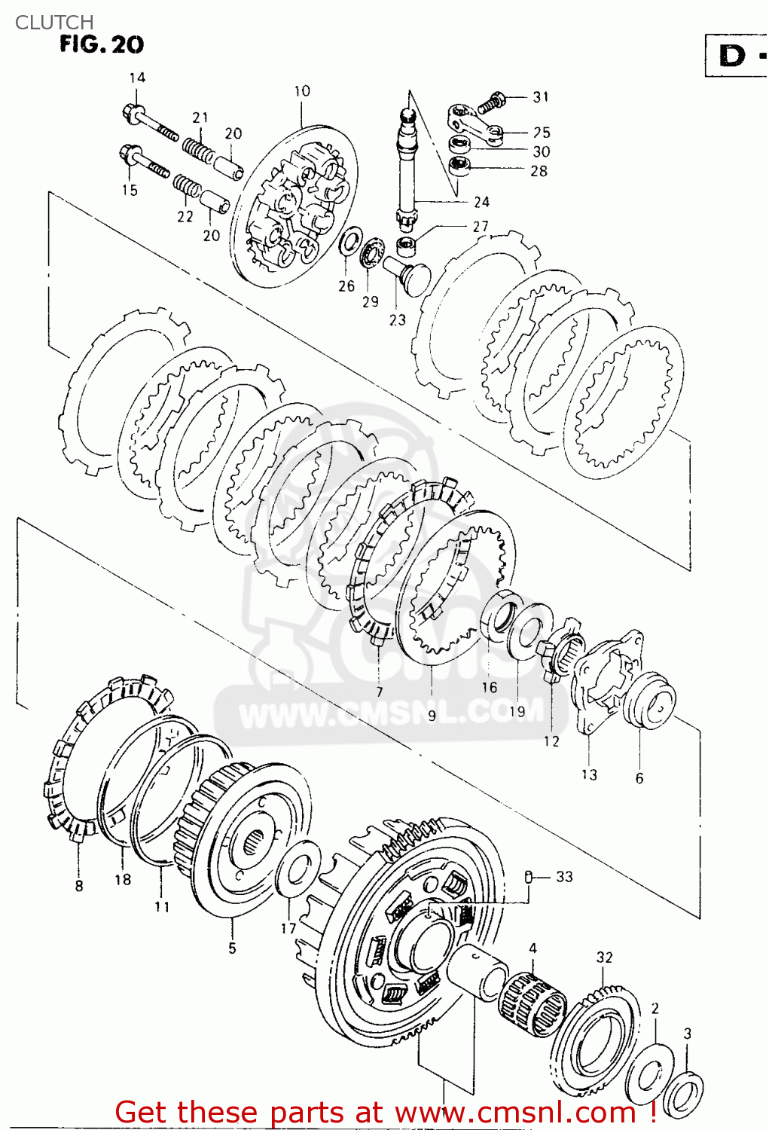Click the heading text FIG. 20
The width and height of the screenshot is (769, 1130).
(x=102, y=44)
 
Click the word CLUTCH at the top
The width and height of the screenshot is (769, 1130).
(x=54, y=22)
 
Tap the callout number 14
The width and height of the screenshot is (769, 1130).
(x=137, y=78)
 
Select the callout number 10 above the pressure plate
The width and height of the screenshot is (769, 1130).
(x=301, y=91)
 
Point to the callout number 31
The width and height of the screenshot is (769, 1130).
(x=541, y=97)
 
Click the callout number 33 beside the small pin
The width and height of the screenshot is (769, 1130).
(x=564, y=876)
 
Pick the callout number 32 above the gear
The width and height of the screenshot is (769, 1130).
(x=604, y=957)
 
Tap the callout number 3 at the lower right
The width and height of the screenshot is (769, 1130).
(x=687, y=1034)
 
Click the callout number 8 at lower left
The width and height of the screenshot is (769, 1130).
(x=79, y=886)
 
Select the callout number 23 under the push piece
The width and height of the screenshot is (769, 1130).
(x=397, y=319)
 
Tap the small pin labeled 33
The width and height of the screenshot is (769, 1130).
(x=529, y=876)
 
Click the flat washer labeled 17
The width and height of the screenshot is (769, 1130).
(x=294, y=871)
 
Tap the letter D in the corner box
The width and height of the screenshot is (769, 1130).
(x=732, y=55)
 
